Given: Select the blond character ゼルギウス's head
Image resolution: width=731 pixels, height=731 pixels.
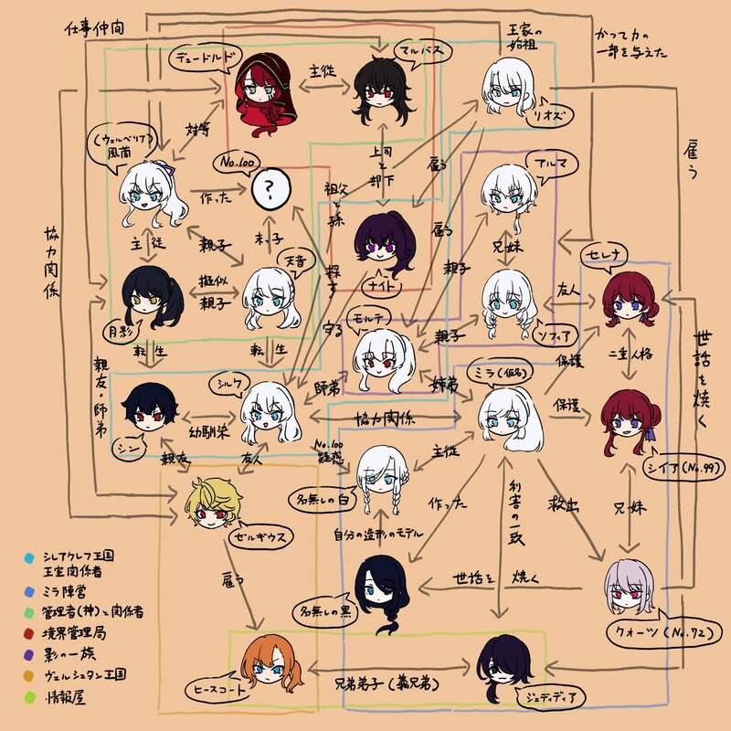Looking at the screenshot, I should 212,505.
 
